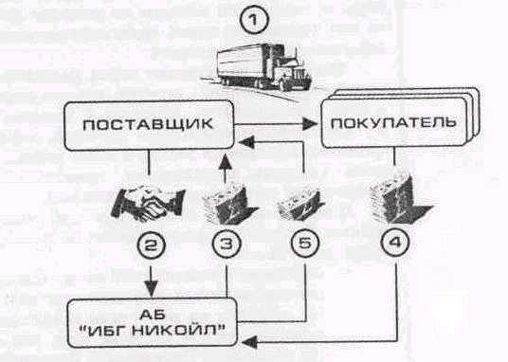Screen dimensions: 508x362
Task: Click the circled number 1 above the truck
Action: pyautogui.click(x=254, y=20)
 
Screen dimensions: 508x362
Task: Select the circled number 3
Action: pyautogui.click(x=227, y=244)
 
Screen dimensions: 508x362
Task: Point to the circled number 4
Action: pyautogui.click(x=395, y=243)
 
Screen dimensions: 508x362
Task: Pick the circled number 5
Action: pyautogui.click(x=305, y=243)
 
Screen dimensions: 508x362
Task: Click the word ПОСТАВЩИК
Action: pyautogui.click(x=148, y=125)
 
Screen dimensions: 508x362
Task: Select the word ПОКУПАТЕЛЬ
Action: pyautogui.click(x=394, y=123)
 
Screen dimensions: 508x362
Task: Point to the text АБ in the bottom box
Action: pyautogui.click(x=153, y=314)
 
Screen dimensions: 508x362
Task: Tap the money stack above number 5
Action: pyautogui.click(x=300, y=204)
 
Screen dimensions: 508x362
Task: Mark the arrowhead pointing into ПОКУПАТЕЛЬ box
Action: pyautogui.click(x=310, y=124)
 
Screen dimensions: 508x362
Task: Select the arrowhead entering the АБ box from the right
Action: pyautogui.click(x=249, y=341)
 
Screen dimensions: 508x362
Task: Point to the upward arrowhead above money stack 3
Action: pyautogui.click(x=226, y=161)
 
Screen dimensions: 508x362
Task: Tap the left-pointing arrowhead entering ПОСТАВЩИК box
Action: pyautogui.click(x=246, y=141)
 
